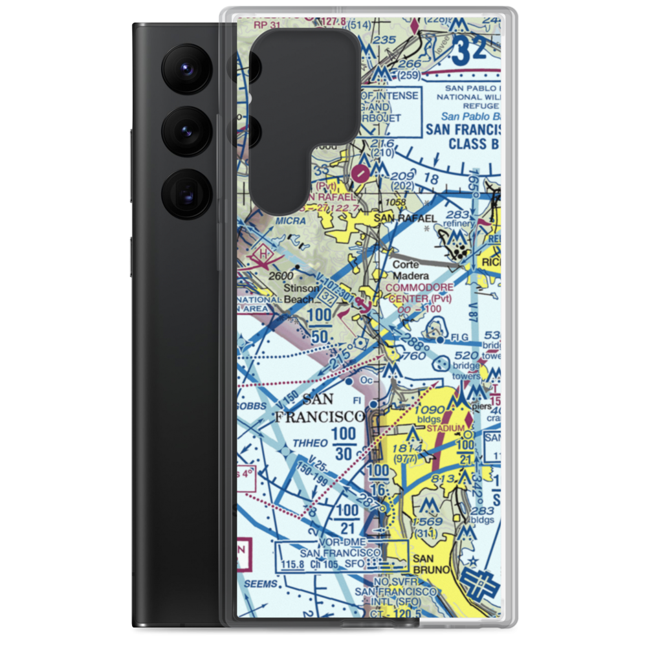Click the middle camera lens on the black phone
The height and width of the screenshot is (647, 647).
coord(186,129)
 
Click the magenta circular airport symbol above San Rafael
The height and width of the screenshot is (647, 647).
coord(361,173)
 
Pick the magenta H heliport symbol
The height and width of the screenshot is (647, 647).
coord(263,254)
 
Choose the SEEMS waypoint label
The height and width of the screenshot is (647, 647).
coord(261,584)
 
